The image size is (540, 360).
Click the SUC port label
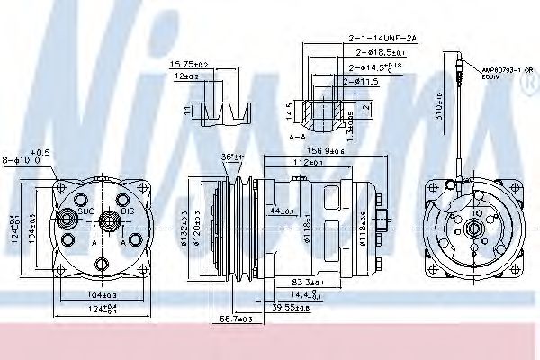pyautogui.click(x=86, y=211)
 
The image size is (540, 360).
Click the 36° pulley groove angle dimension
pyautogui.click(x=231, y=157)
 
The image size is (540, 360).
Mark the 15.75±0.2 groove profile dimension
pyautogui.click(x=188, y=65)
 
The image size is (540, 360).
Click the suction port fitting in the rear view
pyautogui.click(x=66, y=217)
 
